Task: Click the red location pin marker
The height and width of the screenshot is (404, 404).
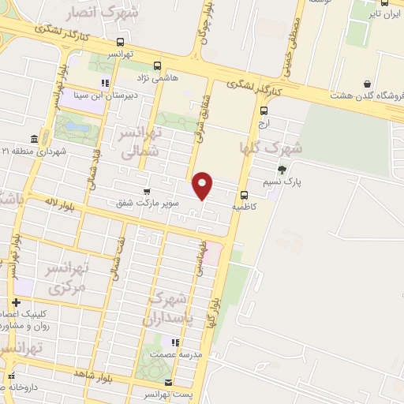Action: tap(204, 185)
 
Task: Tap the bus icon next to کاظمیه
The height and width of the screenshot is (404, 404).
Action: tap(244, 195)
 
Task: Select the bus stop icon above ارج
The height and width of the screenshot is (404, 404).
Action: tap(264, 111)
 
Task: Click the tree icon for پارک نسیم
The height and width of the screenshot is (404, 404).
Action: tap(282, 170)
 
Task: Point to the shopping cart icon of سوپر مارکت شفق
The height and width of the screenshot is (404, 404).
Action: tap(147, 191)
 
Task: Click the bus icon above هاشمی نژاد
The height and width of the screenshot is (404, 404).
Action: tap(157, 65)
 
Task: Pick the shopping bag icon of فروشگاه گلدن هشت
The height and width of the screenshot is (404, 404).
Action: tap(367, 84)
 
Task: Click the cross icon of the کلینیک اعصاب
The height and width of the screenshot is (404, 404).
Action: tap(16, 303)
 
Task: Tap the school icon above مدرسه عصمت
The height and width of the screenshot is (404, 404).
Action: tap(176, 342)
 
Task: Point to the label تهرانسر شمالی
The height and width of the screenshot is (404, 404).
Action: tap(140, 141)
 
